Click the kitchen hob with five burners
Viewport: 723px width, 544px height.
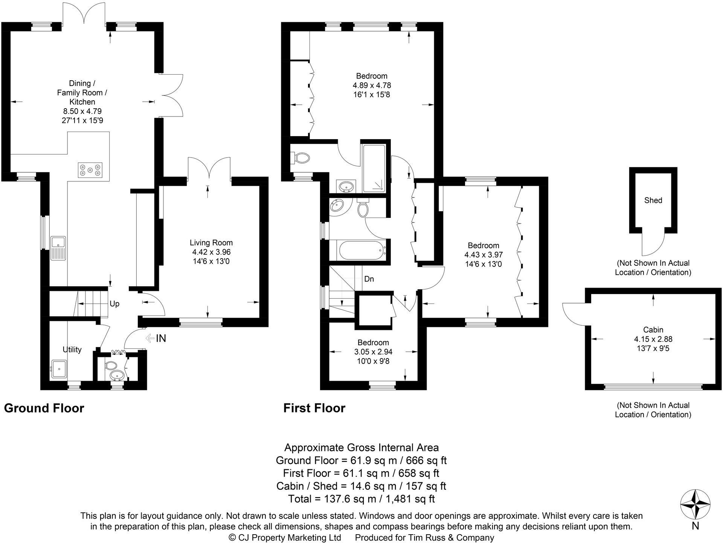pyautogui.click(x=90, y=170)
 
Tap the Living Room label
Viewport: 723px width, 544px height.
pyautogui.click(x=211, y=243)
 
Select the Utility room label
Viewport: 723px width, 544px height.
pyautogui.click(x=72, y=349)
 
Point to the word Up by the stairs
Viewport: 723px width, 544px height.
pyautogui.click(x=114, y=303)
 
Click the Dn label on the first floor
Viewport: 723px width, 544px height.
pyautogui.click(x=369, y=279)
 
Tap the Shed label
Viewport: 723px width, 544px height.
pyautogui.click(x=653, y=200)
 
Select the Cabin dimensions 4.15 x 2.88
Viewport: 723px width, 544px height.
pyautogui.click(x=653, y=339)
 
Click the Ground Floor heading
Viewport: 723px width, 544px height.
pyautogui.click(x=44, y=408)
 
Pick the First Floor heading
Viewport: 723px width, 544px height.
pyautogui.click(x=314, y=408)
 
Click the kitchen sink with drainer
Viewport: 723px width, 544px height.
pyautogui.click(x=58, y=248)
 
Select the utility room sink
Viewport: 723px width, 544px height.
pyautogui.click(x=59, y=368)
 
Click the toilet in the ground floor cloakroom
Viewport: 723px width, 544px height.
pyautogui.click(x=111, y=365)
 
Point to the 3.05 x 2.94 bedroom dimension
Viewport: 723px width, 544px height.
pyautogui.click(x=373, y=352)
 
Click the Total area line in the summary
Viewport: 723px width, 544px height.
pyautogui.click(x=361, y=499)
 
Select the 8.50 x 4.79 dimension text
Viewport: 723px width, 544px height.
pyautogui.click(x=82, y=111)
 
